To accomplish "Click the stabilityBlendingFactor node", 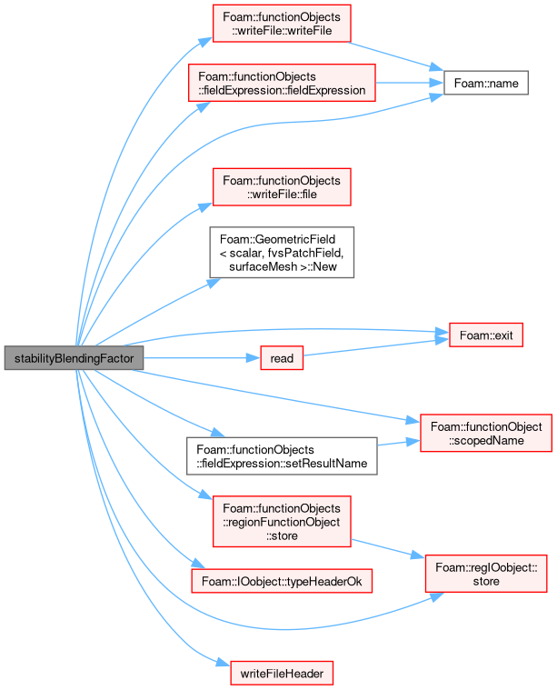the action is pos(74,358).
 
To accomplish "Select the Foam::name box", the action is pos(486,83).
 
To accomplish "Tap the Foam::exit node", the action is pos(486,335).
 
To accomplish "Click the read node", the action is pos(282,358).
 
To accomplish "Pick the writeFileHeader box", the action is pos(282,673).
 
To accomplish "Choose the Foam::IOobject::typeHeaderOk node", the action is pos(282,581).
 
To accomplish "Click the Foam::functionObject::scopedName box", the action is pos(486,433).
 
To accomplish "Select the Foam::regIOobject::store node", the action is pos(486,574).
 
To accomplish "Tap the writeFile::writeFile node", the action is pos(282,24).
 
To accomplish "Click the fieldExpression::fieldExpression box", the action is pos(282,83).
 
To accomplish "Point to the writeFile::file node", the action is pos(282,187).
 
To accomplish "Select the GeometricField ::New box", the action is pos(282,252).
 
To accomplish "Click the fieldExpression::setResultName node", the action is pos(282,455).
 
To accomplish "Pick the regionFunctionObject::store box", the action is pos(282,522).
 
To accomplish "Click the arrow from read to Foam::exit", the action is pos(376,347).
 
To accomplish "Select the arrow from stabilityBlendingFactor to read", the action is pos(202,358).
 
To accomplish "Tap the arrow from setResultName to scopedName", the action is pos(399,443).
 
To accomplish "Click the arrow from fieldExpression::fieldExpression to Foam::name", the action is pos(410,83).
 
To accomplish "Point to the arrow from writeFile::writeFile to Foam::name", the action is pos(395,55).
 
